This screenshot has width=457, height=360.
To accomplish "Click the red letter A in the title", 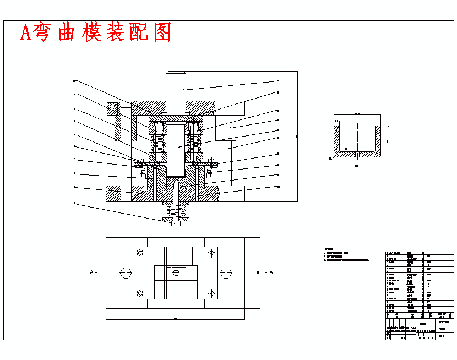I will click(x=26, y=33).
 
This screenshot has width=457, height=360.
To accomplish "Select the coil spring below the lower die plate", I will click(x=176, y=212).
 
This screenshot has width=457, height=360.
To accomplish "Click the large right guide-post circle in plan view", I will click(x=226, y=272).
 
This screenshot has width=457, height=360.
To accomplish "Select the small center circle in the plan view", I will click(x=176, y=272).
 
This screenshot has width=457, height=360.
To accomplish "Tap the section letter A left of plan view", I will click(x=92, y=272).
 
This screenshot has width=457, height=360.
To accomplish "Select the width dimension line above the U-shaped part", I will click(x=358, y=116).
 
